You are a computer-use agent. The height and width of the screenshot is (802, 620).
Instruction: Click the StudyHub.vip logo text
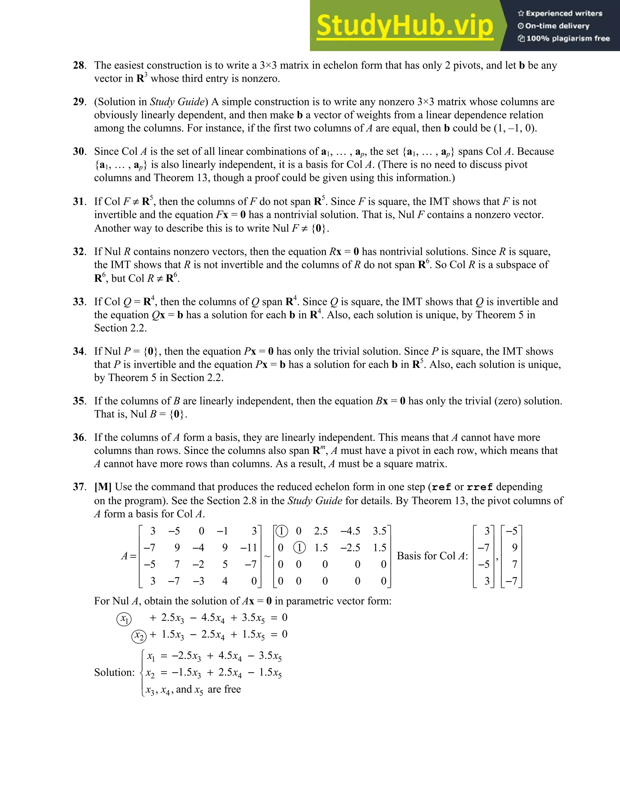[404, 26]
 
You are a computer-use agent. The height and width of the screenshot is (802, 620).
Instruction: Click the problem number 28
[79, 65]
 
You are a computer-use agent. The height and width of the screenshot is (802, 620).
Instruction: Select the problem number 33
[79, 302]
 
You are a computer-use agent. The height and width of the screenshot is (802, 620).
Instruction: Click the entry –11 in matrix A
[249, 547]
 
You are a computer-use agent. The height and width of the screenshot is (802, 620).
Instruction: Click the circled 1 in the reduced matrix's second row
[299, 548]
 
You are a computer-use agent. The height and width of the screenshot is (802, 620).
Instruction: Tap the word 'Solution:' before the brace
[114, 672]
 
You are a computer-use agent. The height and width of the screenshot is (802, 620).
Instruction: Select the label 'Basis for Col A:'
[432, 556]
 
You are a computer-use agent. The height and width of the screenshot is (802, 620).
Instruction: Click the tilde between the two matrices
[267, 556]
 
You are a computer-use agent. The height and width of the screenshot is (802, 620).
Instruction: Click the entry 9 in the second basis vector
[514, 547]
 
